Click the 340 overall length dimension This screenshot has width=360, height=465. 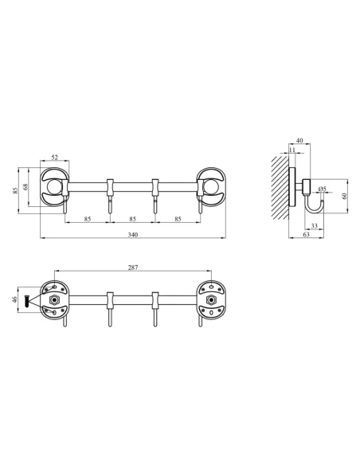[x=132, y=235]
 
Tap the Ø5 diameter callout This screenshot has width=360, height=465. [x=322, y=189]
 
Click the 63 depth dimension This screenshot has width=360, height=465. [x=307, y=236]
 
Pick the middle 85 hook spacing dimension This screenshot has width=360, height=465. [x=132, y=218]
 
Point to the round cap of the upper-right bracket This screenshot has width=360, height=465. [x=212, y=188]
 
